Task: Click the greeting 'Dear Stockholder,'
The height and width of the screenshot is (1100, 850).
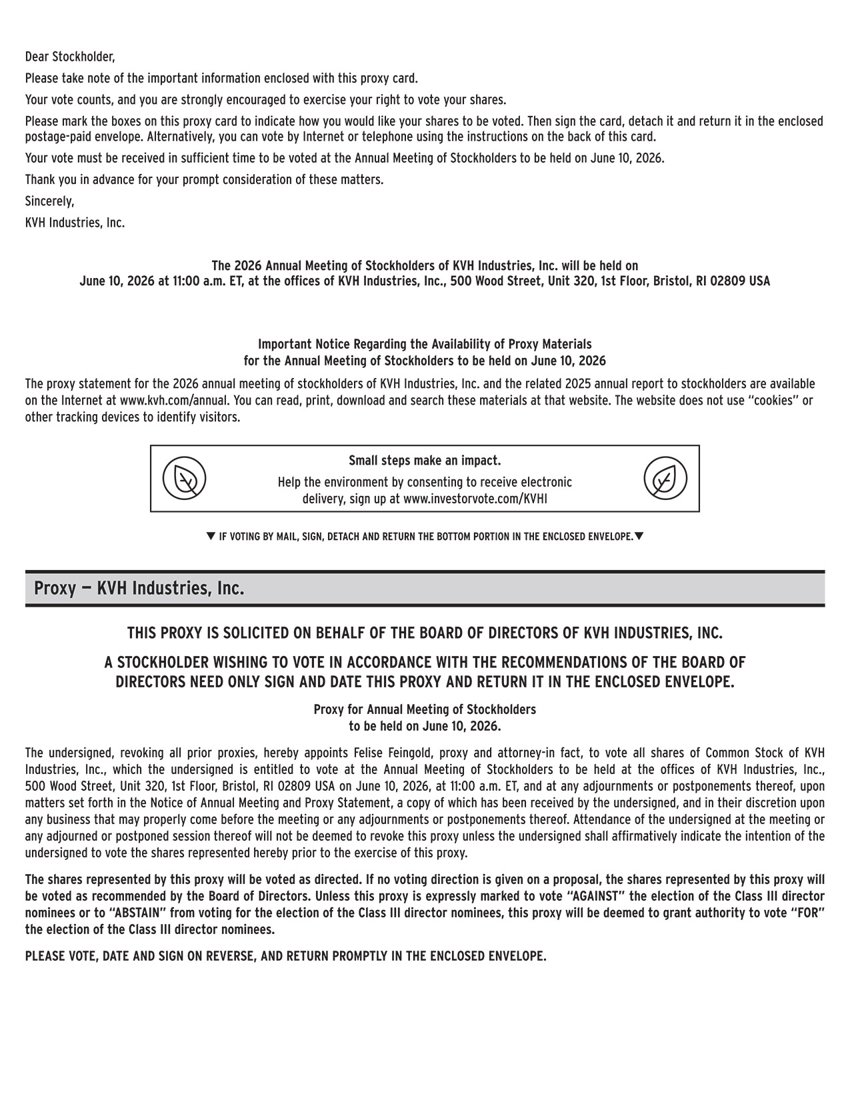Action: (70, 57)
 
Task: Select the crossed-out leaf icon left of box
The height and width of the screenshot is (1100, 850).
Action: (185, 479)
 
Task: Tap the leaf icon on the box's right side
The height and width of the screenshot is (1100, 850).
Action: (665, 479)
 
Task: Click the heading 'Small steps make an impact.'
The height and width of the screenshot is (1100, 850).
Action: (425, 461)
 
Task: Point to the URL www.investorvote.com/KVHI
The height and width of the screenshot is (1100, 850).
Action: (475, 499)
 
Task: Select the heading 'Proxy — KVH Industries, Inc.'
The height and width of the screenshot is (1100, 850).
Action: (139, 589)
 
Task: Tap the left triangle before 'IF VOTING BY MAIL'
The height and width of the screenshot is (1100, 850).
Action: (211, 536)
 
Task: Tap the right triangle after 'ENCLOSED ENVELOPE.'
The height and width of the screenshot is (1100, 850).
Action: (639, 536)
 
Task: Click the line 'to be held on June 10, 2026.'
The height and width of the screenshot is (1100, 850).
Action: (425, 726)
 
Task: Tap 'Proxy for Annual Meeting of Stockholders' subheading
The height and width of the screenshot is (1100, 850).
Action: (425, 709)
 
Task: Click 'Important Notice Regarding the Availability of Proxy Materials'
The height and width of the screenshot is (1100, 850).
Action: (425, 345)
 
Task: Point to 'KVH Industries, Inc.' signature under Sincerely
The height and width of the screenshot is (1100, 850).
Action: (75, 223)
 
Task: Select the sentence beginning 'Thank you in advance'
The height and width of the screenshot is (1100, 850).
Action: (204, 180)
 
